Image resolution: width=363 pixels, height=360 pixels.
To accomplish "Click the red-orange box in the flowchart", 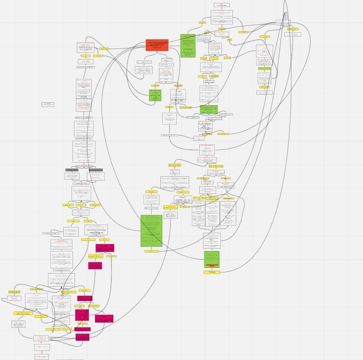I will [x=157, y=45].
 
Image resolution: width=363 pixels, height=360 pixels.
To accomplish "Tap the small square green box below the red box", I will [x=155, y=95].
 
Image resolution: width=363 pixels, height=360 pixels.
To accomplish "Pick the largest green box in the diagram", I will [x=151, y=231].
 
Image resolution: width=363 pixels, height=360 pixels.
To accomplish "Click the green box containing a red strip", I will [x=211, y=259].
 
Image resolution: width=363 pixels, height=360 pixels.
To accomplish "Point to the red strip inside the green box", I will [x=211, y=265].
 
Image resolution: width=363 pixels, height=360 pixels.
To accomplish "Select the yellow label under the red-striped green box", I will [x=211, y=272].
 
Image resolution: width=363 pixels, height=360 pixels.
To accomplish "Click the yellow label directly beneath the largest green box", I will [x=151, y=251].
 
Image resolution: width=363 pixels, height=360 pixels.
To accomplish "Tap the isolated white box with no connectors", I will [x=48, y=104].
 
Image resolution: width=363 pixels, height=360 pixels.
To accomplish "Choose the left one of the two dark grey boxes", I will [x=72, y=170].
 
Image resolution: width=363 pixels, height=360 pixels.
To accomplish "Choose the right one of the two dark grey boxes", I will [x=96, y=170].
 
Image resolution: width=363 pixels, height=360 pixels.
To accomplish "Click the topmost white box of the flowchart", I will [x=221, y=5].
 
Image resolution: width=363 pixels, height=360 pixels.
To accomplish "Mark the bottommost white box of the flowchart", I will [x=42, y=357].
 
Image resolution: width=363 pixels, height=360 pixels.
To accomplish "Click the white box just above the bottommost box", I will [x=42, y=347].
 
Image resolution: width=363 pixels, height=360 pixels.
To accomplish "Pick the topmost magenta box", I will [x=105, y=248].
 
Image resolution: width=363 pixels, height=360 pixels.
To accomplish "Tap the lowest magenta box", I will [x=82, y=337].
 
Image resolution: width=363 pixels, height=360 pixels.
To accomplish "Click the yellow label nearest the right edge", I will [x=292, y=29].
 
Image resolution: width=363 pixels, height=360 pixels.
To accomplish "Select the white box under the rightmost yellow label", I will [x=292, y=35].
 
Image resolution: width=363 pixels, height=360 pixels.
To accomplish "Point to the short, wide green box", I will [x=209, y=109].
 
